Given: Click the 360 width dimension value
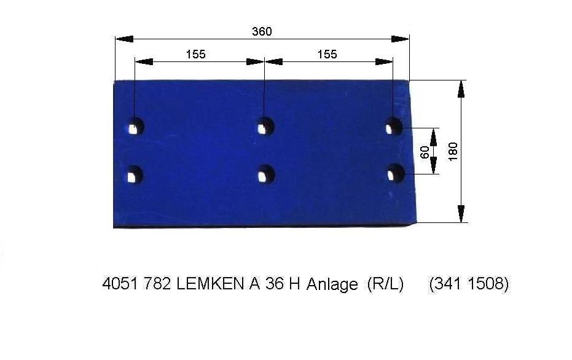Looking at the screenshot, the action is click(262, 31).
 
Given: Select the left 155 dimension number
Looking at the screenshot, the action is click(196, 54).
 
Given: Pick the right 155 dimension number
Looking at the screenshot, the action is click(327, 54).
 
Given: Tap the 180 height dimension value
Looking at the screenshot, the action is click(453, 151).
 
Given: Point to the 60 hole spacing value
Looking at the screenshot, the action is click(425, 152).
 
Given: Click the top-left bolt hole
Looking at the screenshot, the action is click(136, 126).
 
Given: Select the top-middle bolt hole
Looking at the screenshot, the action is click(265, 126).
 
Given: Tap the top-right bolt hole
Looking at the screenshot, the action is click(394, 126).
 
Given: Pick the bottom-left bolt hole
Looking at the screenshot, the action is click(135, 174).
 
